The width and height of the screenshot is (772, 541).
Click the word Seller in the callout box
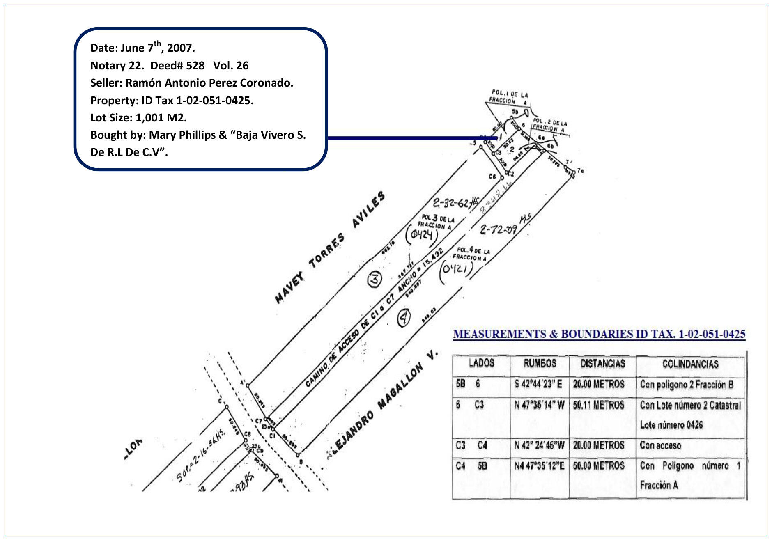[106, 83]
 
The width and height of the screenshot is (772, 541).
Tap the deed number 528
[195, 66]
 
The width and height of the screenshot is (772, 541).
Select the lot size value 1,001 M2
[161, 118]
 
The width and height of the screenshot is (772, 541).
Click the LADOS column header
[481, 363]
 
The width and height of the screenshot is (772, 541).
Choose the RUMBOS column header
[540, 363]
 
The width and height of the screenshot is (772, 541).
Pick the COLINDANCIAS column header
[690, 364]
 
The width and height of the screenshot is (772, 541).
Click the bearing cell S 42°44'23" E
[538, 384]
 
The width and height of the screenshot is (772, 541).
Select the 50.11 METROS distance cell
[598, 405]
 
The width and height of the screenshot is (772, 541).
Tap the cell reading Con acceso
[660, 445]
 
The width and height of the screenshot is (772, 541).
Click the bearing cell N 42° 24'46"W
[539, 445]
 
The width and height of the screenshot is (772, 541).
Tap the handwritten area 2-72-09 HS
[505, 226]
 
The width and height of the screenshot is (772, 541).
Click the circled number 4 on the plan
[404, 318]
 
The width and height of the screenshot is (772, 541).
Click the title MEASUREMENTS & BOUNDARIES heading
[599, 334]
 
